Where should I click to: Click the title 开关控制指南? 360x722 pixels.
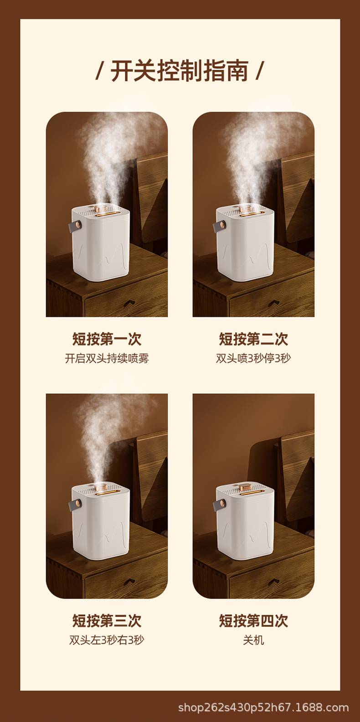click(180, 71)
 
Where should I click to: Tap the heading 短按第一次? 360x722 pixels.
click(107, 339)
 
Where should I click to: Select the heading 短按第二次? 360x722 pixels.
click(253, 339)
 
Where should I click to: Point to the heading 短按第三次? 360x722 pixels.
click(107, 620)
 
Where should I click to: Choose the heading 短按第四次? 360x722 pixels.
click(253, 620)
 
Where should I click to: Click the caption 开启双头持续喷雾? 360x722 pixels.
click(107, 358)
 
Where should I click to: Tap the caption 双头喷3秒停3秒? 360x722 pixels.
click(253, 358)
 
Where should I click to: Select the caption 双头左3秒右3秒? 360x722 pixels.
click(107, 640)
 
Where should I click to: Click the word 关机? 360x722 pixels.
click(253, 640)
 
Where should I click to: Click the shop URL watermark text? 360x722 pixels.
click(263, 707)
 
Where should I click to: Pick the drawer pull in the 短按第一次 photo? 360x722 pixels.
click(129, 303)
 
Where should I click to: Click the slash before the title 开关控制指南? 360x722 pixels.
click(99, 71)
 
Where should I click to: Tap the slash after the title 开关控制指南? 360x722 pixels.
click(260, 71)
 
